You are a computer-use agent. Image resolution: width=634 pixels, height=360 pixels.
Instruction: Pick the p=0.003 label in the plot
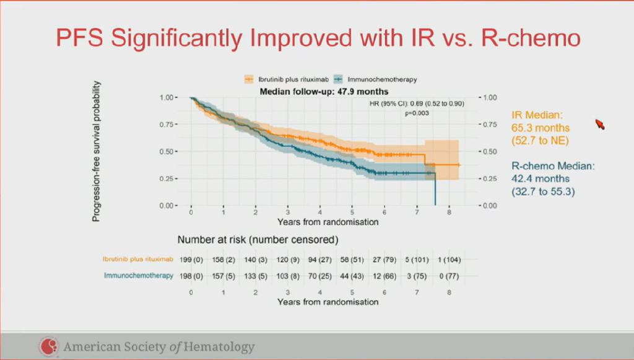pyautogui.click(x=417, y=113)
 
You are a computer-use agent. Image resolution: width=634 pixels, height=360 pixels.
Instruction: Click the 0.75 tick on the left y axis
pyautogui.click(x=168, y=125)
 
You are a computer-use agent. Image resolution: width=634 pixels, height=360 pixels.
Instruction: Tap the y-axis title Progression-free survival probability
pyautogui.click(x=97, y=151)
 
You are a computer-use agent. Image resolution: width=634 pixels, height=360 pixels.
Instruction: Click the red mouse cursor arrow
pyautogui.click(x=599, y=124)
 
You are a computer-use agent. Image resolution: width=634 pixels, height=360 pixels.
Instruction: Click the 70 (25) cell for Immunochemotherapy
pyautogui.click(x=320, y=275)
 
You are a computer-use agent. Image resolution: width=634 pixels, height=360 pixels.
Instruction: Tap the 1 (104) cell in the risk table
pyautogui.click(x=449, y=260)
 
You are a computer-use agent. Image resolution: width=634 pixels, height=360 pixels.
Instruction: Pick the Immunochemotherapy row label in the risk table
pyautogui.click(x=139, y=275)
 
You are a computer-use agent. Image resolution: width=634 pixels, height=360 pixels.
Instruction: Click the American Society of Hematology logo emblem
pyautogui.click(x=48, y=346)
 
